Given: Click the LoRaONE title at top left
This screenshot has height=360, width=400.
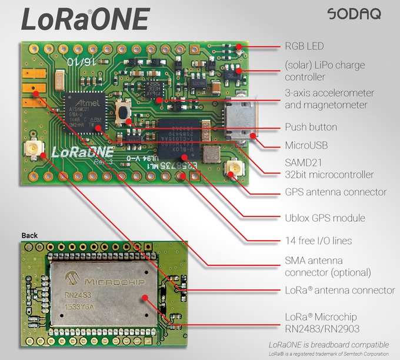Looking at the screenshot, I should tap(85, 18).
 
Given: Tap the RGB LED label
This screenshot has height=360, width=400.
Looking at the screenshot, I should tap(304, 46).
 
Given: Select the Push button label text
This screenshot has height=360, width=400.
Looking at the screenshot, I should tap(311, 127).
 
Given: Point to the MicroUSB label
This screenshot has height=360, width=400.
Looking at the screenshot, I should tap(306, 145).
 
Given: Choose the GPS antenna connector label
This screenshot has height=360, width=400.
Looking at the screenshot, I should tap(335, 192).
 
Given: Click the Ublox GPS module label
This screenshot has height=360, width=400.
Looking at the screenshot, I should tap(325, 218).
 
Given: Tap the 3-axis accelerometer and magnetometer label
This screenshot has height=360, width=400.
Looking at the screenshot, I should tap(329, 99).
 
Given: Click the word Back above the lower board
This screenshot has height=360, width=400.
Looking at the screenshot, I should tap(29, 236).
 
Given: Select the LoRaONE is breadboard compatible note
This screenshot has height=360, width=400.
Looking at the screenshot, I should tap(328, 344).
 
